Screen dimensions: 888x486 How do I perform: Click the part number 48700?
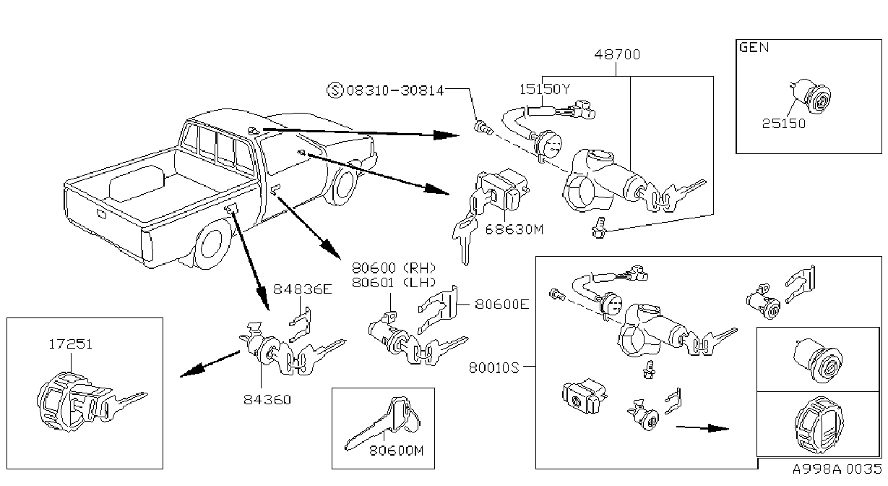(617, 54)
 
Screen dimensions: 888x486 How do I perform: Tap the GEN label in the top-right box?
(754, 48)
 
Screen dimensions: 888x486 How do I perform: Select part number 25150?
(784, 124)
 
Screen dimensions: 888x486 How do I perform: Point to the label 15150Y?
(544, 89)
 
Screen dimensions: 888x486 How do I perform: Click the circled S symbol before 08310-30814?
(335, 90)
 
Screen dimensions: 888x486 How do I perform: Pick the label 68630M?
(514, 229)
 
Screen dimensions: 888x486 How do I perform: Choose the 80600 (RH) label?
(394, 268)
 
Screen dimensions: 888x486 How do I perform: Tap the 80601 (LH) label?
(394, 283)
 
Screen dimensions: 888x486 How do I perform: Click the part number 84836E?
(302, 289)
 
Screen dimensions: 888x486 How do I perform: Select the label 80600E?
(502, 304)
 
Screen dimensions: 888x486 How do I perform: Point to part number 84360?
(267, 399)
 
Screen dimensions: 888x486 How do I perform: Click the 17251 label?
(70, 344)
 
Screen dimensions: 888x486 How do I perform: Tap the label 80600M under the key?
(397, 451)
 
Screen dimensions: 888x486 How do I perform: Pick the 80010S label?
(493, 368)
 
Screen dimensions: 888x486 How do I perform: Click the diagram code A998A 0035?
(837, 469)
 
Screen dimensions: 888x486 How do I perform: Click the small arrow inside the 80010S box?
(702, 428)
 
